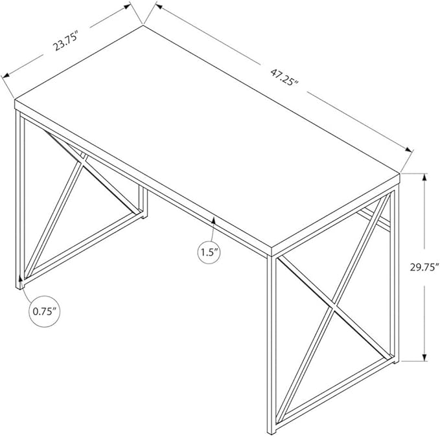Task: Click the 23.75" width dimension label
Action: (65, 41)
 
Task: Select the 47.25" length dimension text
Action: (284, 78)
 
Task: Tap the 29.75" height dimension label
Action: (424, 267)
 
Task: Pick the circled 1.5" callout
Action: (209, 252)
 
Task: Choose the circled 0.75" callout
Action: (45, 311)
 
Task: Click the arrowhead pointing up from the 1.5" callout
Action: (214, 221)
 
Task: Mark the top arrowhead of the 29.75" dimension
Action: (425, 178)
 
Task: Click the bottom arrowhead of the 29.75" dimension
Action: (425, 357)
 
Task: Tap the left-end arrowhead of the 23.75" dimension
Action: (6, 74)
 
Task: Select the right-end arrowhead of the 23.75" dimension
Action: (127, 6)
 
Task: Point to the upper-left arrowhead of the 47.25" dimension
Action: (159, 5)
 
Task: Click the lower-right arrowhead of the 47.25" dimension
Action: (408, 150)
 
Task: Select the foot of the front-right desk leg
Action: (272, 432)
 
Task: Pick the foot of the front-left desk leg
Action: (19, 286)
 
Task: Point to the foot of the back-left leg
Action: (143, 216)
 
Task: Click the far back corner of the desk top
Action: (143, 25)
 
